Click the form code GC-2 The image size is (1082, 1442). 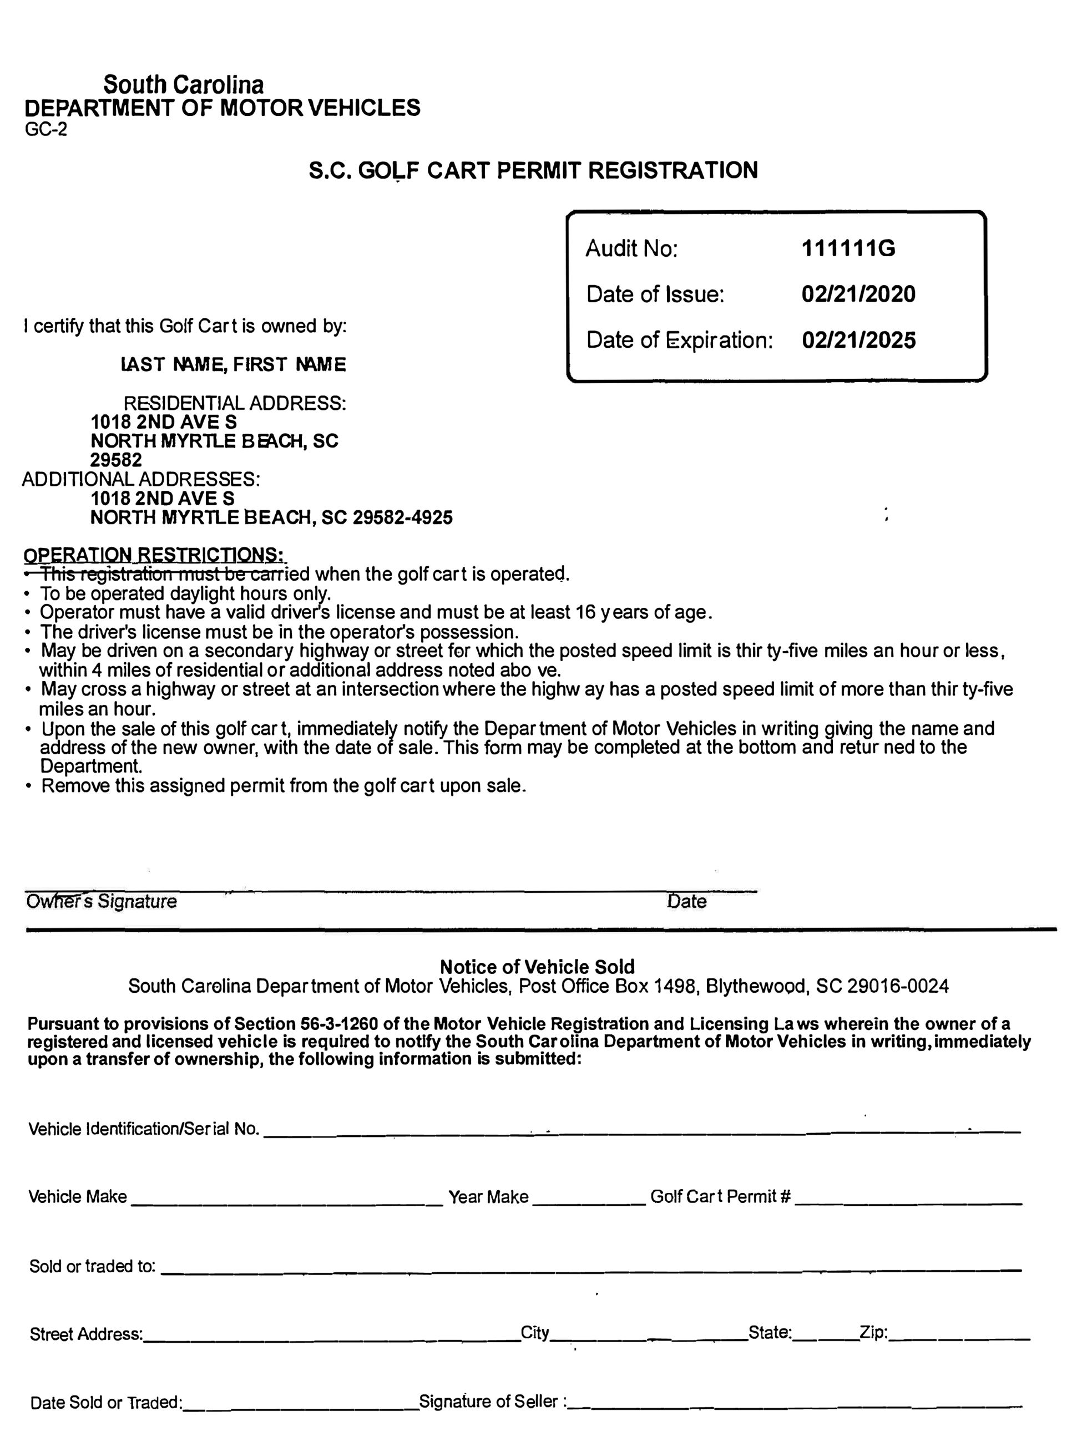tap(45, 130)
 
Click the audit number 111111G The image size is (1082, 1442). tap(848, 248)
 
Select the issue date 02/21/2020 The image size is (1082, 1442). tap(858, 294)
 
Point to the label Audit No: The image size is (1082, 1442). tap(631, 248)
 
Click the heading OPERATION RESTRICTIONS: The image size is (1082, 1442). tap(154, 555)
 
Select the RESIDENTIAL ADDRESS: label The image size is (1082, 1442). tap(235, 403)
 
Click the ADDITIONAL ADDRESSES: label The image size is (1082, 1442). tap(141, 479)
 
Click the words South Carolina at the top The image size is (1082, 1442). tap(184, 85)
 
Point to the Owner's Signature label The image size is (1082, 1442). tap(102, 902)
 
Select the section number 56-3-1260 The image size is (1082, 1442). tap(339, 1024)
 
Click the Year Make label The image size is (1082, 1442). tap(488, 1197)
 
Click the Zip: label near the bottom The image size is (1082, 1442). tap(873, 1333)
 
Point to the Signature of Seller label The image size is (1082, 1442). tap(492, 1402)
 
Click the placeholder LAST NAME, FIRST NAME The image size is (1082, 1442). tap(234, 364)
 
